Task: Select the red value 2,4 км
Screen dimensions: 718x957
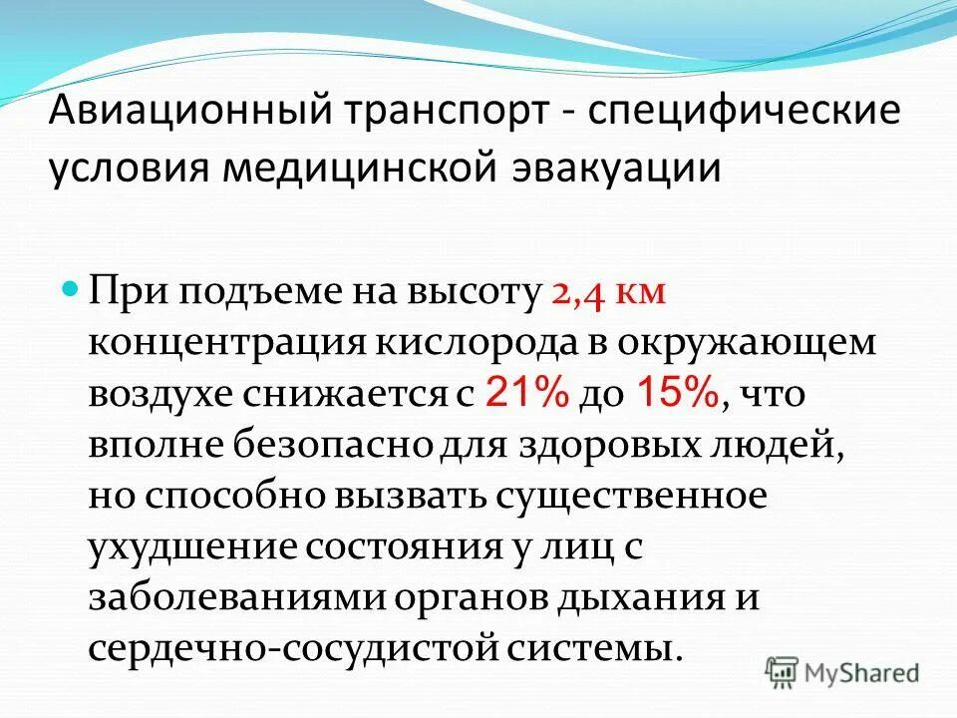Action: pos(608,292)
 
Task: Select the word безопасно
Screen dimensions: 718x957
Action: pos(313,445)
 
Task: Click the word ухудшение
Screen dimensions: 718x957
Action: pos(189,547)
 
